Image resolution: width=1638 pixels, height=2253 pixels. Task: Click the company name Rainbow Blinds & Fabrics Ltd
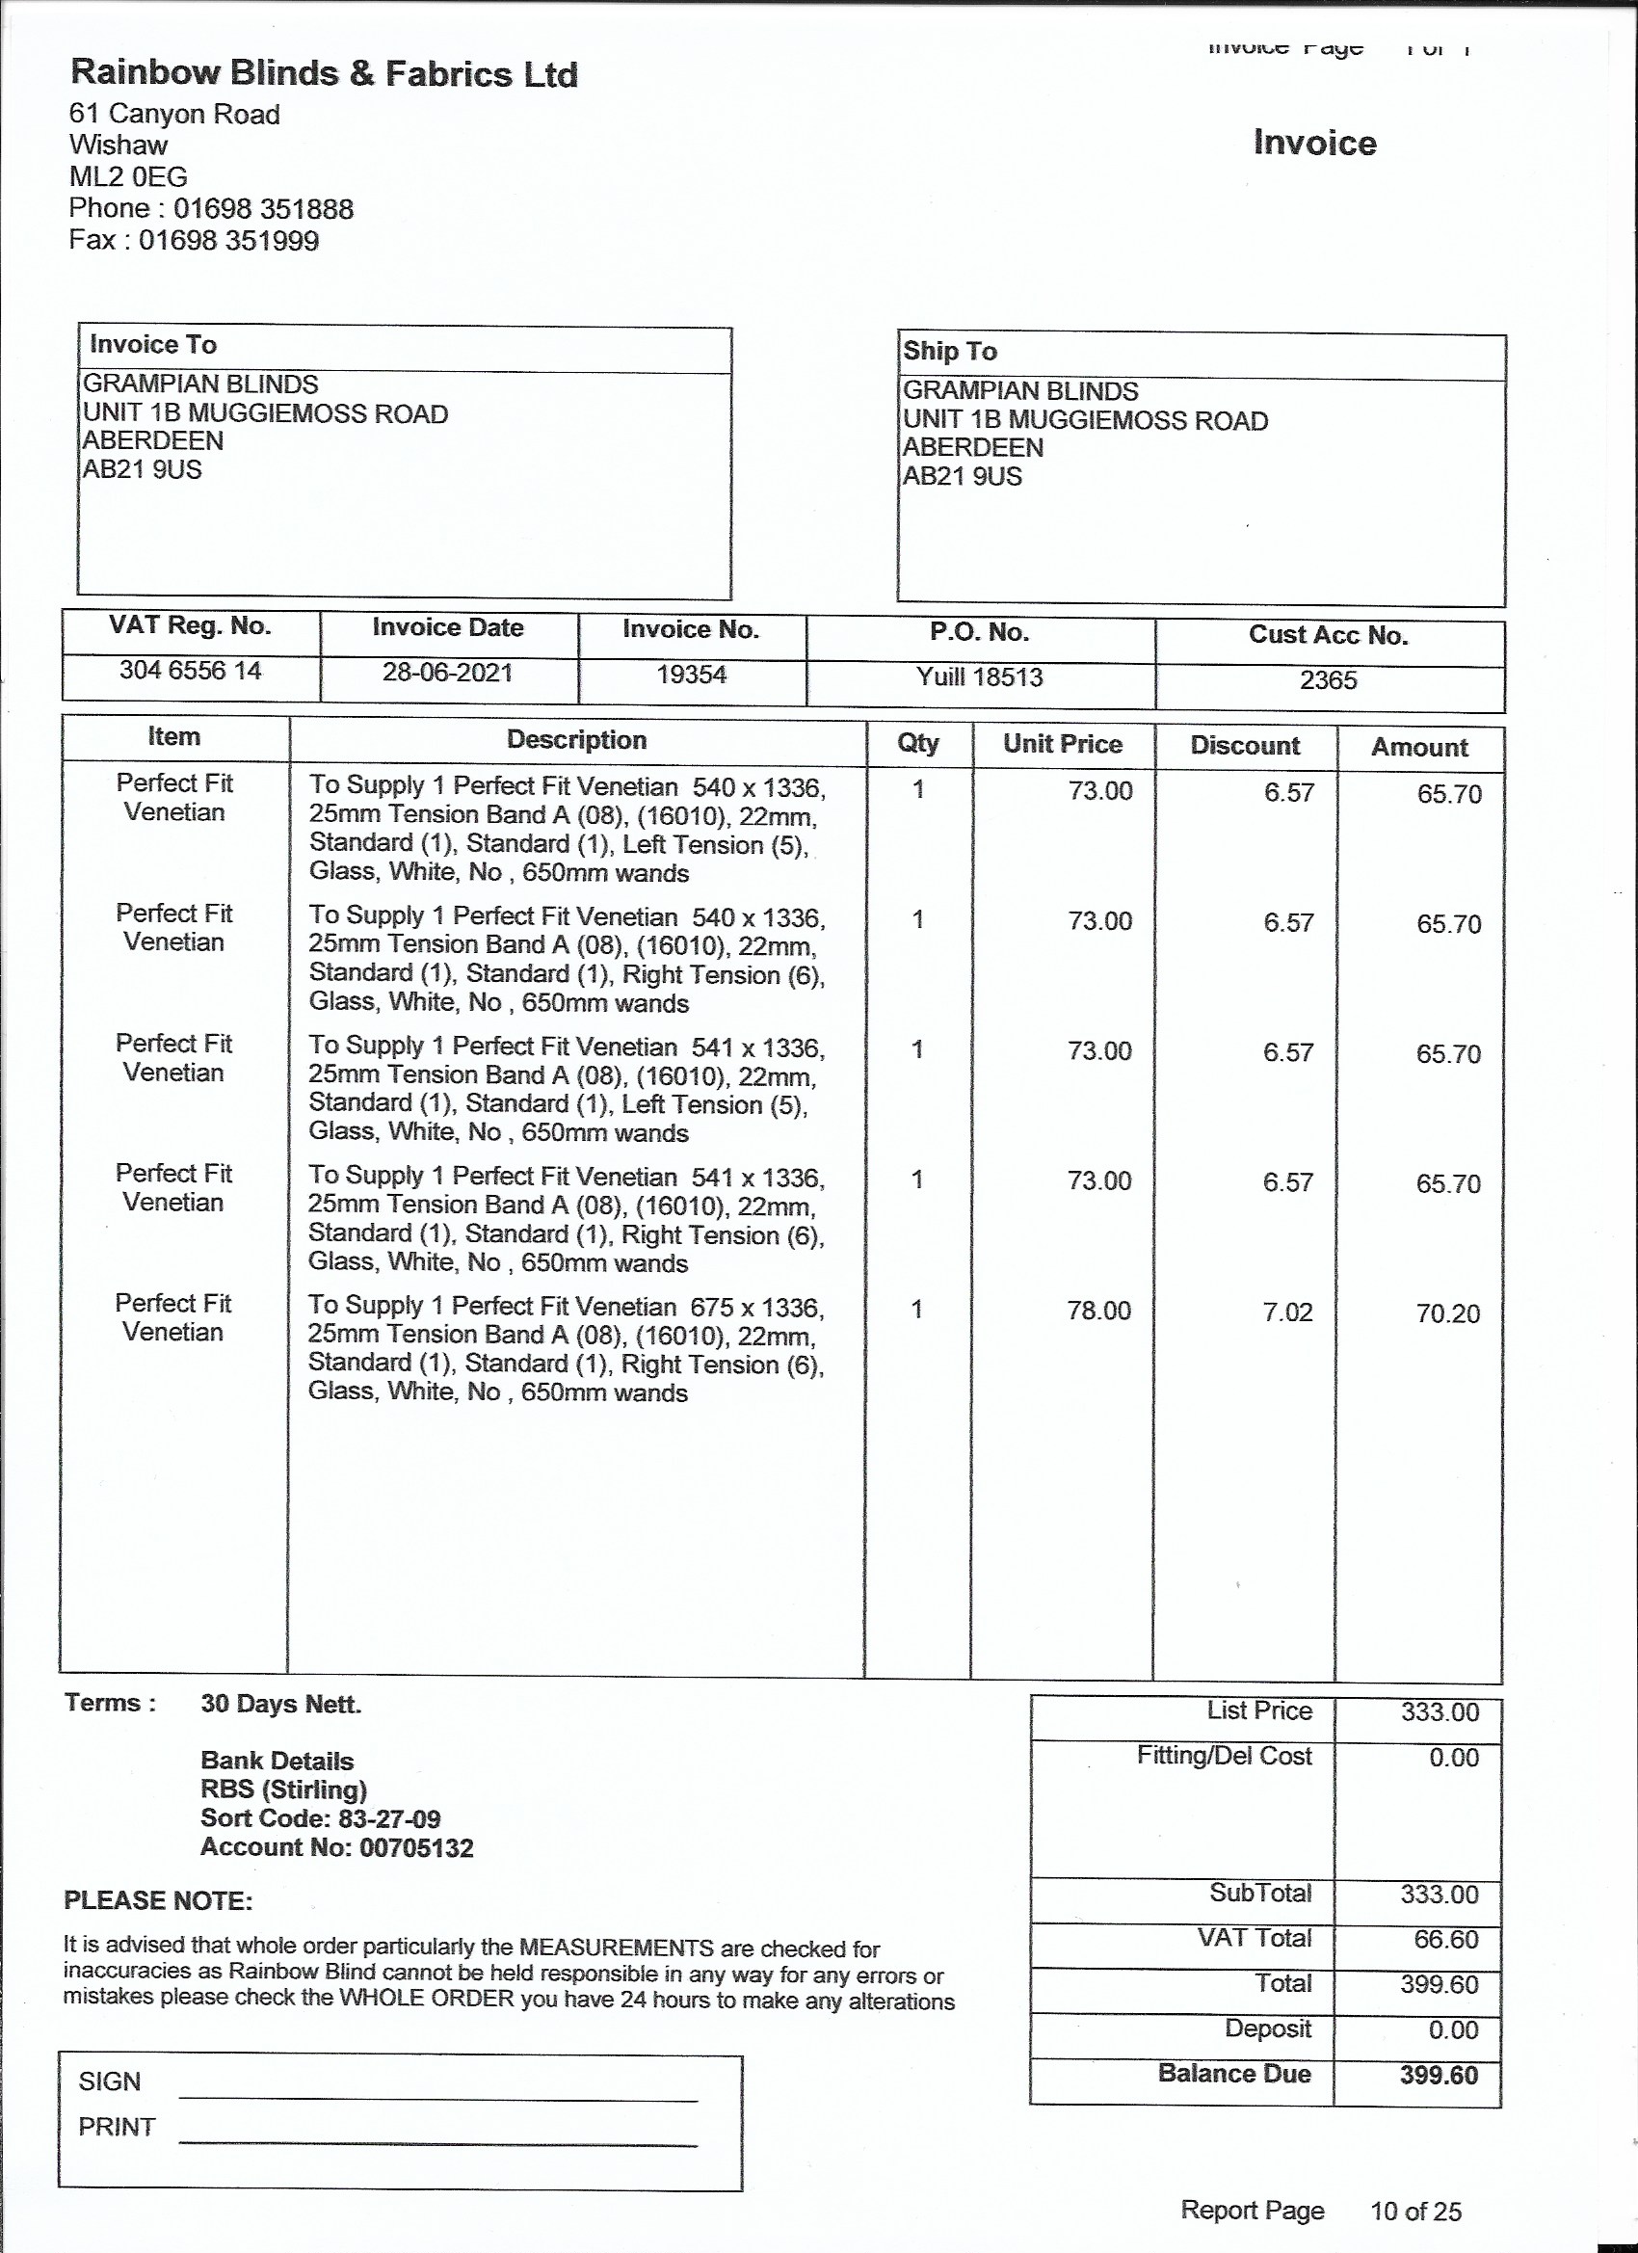(x=324, y=73)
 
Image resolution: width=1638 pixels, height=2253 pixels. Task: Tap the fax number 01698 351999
(x=228, y=241)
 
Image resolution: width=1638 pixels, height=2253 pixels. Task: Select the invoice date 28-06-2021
(x=447, y=673)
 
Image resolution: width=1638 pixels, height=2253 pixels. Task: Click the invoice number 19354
(x=692, y=676)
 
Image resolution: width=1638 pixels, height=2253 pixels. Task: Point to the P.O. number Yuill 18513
(x=979, y=677)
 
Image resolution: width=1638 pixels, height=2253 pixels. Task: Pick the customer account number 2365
(x=1328, y=680)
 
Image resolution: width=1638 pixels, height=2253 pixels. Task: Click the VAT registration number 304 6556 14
(x=190, y=671)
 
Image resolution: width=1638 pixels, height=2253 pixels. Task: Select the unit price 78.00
(x=1098, y=1311)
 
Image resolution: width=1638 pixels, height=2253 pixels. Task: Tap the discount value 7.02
(x=1287, y=1312)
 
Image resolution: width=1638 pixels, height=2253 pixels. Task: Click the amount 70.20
(x=1447, y=1313)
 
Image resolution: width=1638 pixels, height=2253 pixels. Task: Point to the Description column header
(x=576, y=740)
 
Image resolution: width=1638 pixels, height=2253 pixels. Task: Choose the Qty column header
(x=918, y=743)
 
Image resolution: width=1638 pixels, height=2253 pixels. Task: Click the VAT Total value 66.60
(x=1446, y=1938)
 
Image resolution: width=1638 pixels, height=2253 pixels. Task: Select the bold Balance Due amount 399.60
(x=1439, y=2074)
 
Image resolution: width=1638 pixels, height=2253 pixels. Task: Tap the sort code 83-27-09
(x=383, y=1819)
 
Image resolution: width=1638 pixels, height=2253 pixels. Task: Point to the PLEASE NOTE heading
(x=158, y=1900)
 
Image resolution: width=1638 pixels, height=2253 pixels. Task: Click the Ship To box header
(x=950, y=351)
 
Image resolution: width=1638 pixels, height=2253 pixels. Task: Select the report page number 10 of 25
(x=1415, y=2211)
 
